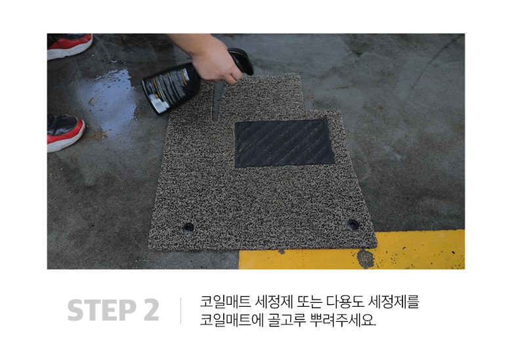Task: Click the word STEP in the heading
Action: click(x=102, y=309)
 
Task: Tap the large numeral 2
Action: click(x=151, y=309)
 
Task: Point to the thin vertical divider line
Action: click(x=181, y=310)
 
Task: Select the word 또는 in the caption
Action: click(x=307, y=302)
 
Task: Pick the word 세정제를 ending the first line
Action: click(x=393, y=302)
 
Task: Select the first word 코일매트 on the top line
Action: click(x=224, y=302)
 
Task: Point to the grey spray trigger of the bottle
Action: click(x=217, y=100)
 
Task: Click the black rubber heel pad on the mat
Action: click(x=284, y=143)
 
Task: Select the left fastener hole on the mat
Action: click(x=188, y=227)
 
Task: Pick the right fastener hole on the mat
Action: click(x=353, y=225)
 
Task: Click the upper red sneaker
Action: click(x=69, y=46)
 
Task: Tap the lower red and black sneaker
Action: click(x=65, y=132)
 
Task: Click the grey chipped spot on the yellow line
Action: click(x=366, y=259)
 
